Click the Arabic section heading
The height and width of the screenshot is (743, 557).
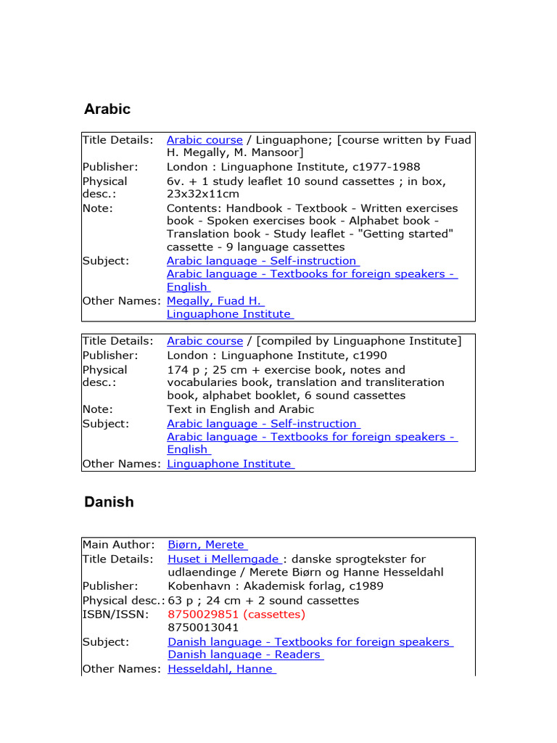tap(107, 110)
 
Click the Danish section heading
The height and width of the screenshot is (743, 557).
tap(109, 502)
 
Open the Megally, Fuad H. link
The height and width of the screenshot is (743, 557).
tap(215, 300)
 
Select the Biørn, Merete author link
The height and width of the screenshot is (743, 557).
tap(207, 545)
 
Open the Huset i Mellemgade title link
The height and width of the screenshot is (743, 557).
tap(223, 559)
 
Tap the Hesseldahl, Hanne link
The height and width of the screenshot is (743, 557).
tap(220, 669)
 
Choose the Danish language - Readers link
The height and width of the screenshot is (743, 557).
tap(244, 654)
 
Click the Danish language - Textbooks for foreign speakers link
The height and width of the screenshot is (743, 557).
tap(310, 642)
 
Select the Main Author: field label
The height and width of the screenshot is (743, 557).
tap(118, 545)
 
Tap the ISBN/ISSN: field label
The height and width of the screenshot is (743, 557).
tap(115, 615)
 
